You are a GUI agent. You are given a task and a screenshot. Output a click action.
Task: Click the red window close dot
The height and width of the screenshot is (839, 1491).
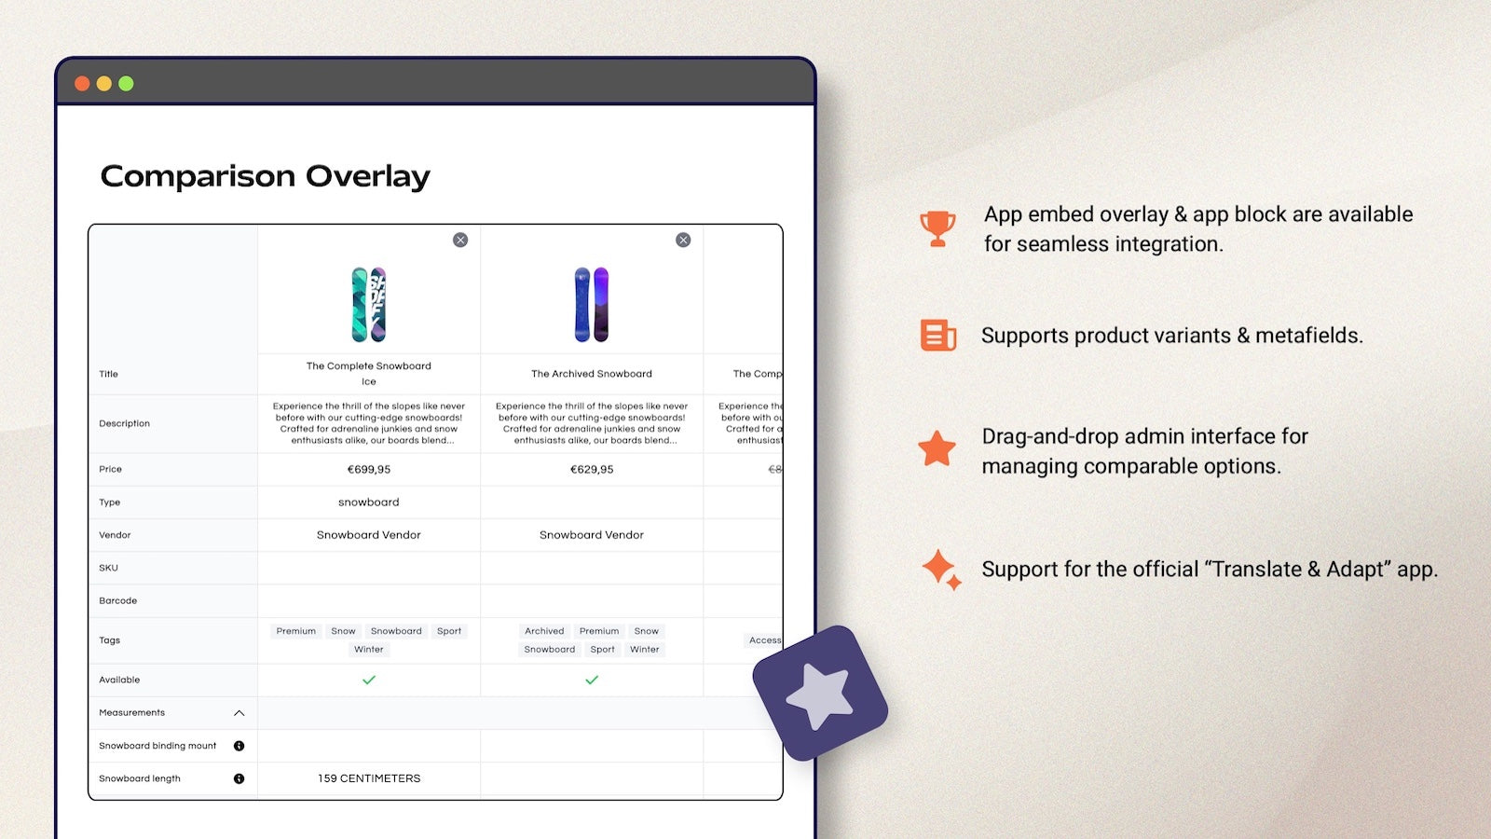coord(82,84)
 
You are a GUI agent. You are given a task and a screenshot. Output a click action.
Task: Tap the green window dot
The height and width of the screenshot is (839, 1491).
coord(126,84)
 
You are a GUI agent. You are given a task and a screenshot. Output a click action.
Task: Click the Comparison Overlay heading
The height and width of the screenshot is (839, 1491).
coord(265,176)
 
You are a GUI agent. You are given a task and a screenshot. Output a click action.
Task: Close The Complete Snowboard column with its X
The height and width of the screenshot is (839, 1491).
coord(460,241)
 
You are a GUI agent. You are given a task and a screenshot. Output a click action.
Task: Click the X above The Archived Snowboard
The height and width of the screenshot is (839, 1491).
coord(683,241)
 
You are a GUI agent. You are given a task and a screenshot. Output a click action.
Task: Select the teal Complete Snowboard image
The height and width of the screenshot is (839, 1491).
coord(369,305)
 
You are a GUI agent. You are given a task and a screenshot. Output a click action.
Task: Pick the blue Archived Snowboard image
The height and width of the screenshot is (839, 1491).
coord(592,305)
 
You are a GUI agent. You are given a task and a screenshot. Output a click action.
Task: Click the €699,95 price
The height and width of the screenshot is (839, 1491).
coord(369,470)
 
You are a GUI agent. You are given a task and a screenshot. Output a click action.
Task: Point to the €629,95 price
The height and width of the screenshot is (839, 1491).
coord(592,470)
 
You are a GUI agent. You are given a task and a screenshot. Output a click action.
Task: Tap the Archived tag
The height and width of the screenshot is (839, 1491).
coord(544,631)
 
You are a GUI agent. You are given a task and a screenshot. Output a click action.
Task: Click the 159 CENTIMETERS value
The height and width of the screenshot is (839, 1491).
coord(369,778)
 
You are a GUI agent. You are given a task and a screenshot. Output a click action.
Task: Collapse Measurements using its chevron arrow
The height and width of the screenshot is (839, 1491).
coord(239,713)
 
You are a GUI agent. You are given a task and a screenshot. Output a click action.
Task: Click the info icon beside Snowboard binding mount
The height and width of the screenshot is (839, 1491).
coord(239,746)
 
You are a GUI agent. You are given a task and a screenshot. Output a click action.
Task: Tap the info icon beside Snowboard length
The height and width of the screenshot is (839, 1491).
coord(239,778)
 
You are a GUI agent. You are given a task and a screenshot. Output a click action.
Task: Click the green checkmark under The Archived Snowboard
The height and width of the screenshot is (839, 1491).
coord(592,681)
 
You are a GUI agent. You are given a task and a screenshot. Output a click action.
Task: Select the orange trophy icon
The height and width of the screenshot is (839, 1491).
coord(937,228)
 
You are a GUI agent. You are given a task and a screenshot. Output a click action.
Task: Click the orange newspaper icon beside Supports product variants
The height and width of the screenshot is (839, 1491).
coord(937,336)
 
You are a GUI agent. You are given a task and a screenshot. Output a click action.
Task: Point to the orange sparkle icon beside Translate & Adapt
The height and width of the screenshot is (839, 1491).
coord(940,569)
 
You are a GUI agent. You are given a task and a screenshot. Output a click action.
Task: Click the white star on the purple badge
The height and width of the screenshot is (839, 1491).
coord(819,695)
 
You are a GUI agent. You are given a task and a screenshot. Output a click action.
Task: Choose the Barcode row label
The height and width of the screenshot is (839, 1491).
coord(118,601)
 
